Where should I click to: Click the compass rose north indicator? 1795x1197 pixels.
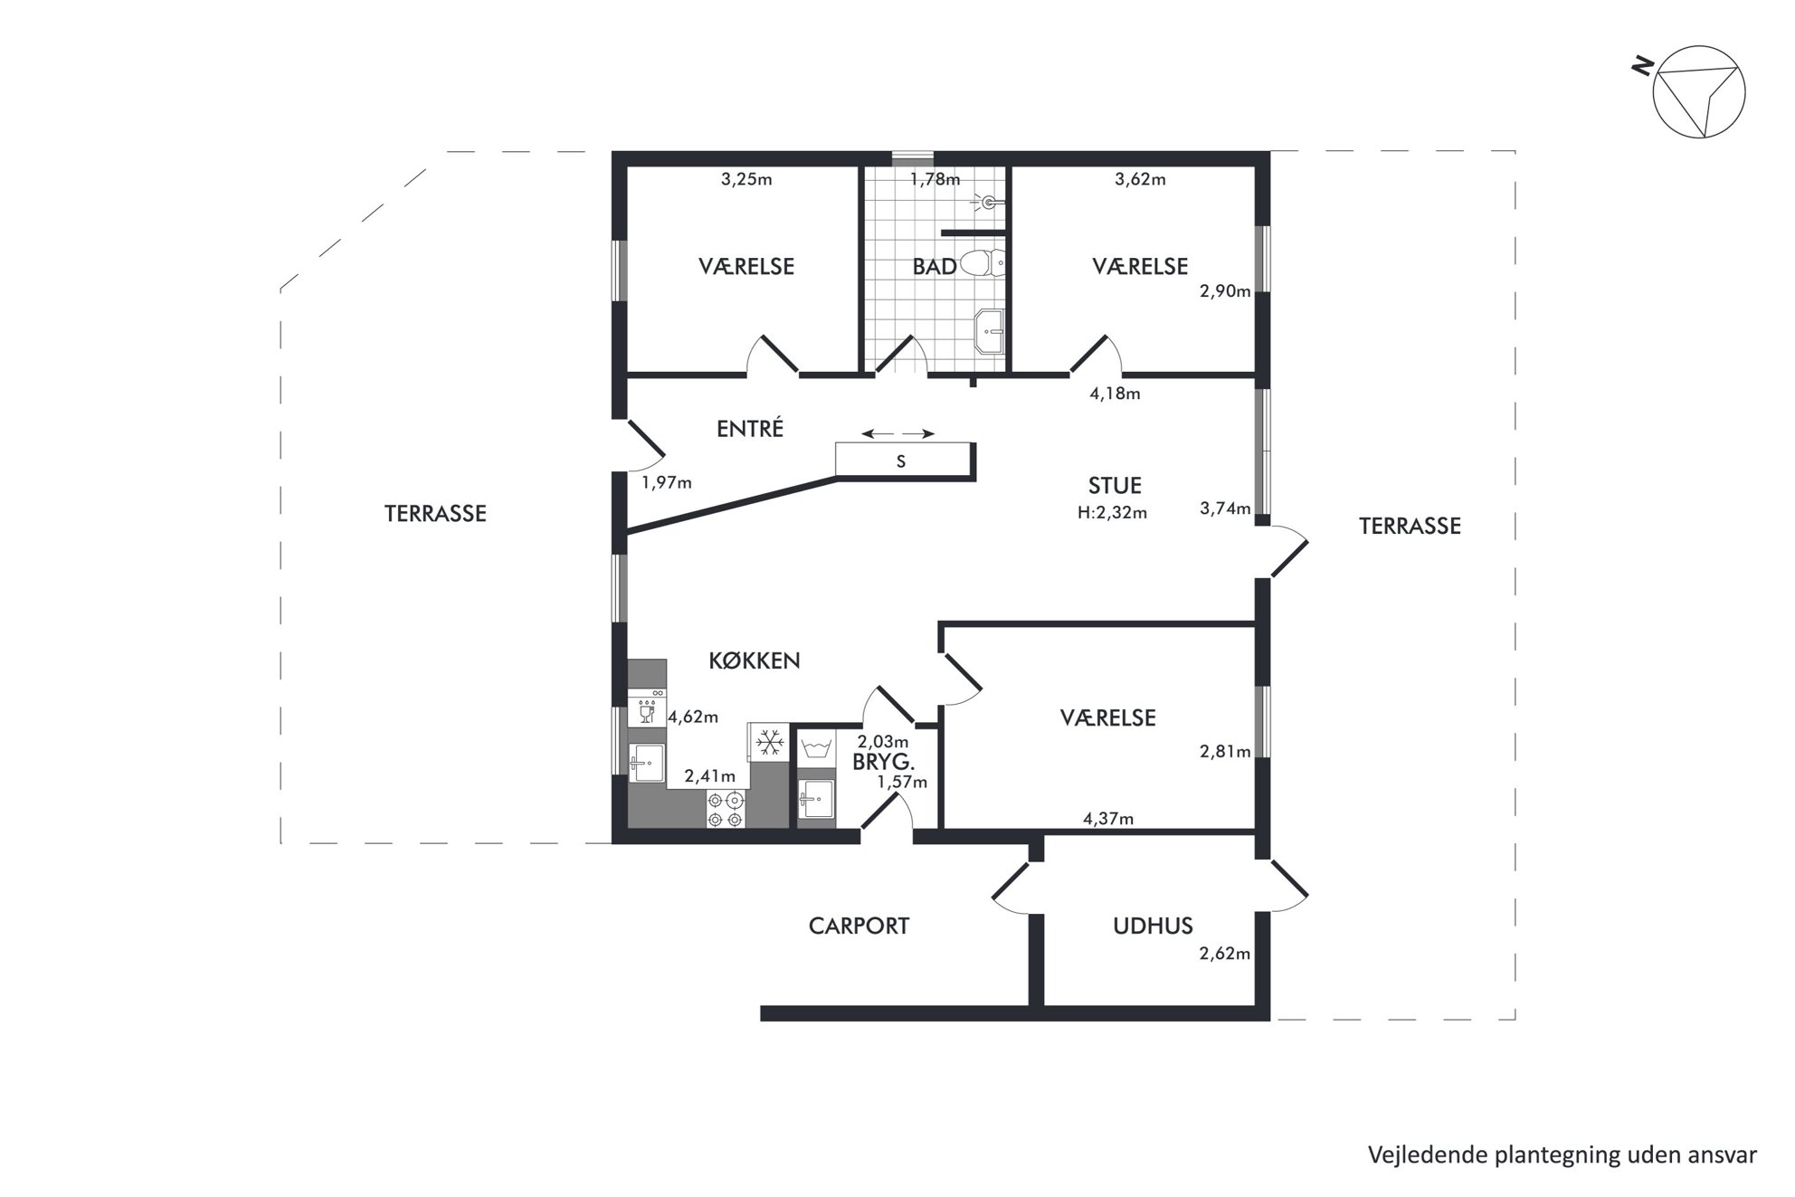tap(1698, 92)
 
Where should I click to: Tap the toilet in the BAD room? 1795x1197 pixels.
tap(981, 263)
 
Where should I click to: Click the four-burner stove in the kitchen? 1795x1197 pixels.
tap(726, 809)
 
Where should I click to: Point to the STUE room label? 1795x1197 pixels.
tap(1115, 486)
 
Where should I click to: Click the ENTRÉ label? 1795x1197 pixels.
tap(750, 429)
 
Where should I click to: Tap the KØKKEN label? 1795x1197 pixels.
tap(755, 660)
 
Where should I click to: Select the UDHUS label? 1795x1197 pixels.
tap(1153, 926)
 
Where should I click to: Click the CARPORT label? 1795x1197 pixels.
tap(859, 926)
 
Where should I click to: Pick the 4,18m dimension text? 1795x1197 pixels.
tap(1115, 394)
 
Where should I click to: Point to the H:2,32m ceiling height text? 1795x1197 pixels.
tap(1112, 513)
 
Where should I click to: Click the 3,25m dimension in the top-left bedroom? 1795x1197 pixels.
tap(746, 179)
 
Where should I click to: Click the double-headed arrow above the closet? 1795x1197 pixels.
tap(897, 434)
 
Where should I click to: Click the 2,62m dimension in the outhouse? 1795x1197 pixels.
tap(1225, 954)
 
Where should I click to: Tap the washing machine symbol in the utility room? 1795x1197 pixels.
tap(817, 748)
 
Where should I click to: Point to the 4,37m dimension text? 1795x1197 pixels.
tap(1108, 820)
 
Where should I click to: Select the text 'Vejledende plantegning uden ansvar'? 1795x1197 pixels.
tap(1562, 1155)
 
